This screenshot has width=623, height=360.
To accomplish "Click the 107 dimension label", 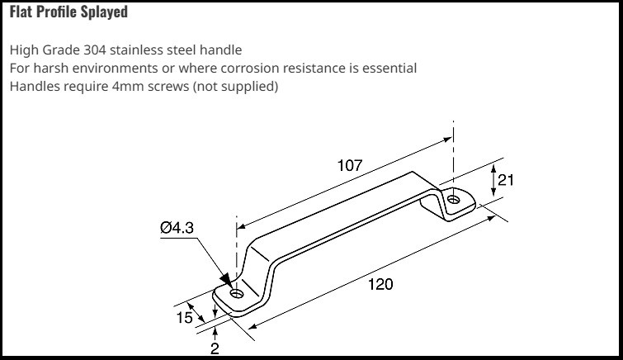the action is click(x=350, y=165).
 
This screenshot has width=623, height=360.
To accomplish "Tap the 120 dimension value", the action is click(x=380, y=284).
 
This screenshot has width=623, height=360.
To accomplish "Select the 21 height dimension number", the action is click(x=505, y=180).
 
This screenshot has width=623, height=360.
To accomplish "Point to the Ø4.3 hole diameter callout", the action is click(x=177, y=228).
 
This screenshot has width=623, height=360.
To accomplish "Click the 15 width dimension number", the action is click(x=184, y=317).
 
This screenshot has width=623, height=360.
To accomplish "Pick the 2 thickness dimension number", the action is click(x=215, y=349).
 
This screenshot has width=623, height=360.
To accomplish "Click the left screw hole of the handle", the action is click(x=237, y=294).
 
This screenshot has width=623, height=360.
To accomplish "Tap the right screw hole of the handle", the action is click(x=453, y=199).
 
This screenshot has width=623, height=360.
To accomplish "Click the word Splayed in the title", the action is click(x=104, y=12).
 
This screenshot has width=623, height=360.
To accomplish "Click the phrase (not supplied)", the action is click(x=235, y=87).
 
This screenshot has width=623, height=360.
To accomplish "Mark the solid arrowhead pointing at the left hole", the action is click(x=226, y=279).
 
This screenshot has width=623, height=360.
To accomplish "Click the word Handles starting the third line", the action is click(x=33, y=87).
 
